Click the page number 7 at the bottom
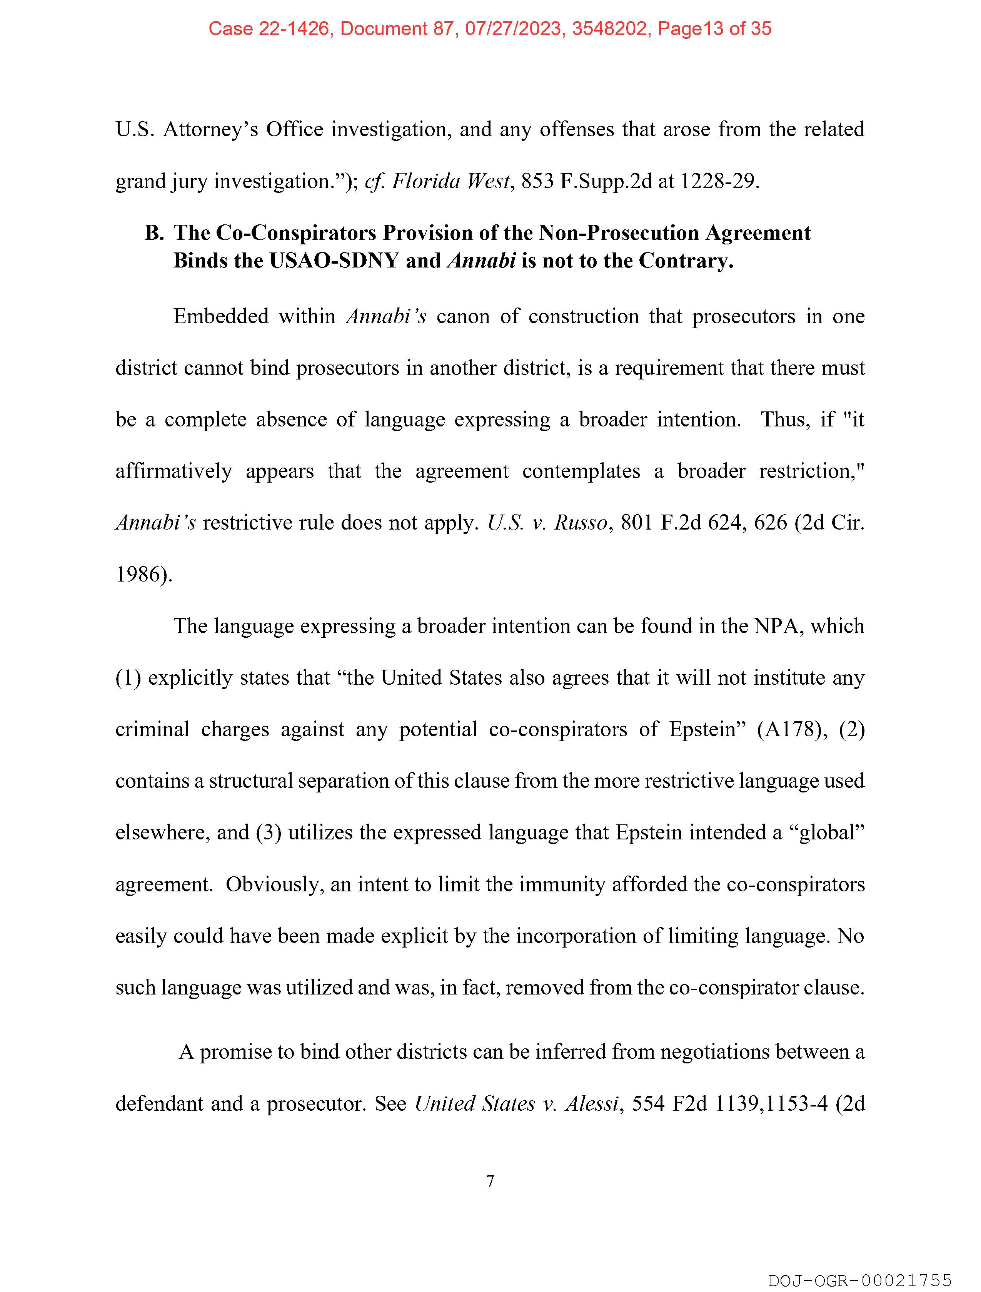click(x=490, y=1181)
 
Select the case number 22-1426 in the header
click(x=294, y=28)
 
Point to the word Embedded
click(x=221, y=317)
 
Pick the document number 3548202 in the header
click(x=610, y=28)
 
